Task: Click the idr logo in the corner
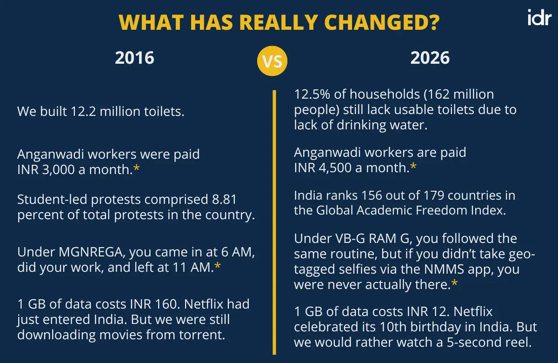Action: click(539, 17)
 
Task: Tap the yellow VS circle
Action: click(272, 60)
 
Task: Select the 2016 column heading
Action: click(134, 58)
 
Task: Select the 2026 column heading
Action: click(430, 58)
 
